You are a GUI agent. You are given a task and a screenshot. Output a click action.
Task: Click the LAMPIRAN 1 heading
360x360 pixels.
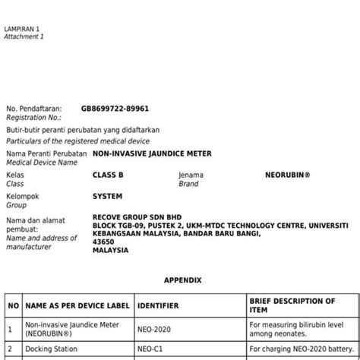(x=21, y=28)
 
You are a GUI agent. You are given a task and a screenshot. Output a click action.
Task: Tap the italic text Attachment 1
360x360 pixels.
(x=24, y=36)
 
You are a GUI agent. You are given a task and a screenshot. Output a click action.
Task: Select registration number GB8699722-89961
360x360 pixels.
(x=115, y=109)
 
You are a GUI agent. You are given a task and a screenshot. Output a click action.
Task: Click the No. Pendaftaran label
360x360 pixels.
(x=33, y=109)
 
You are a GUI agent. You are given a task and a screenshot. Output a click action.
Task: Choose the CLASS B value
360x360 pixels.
(x=108, y=175)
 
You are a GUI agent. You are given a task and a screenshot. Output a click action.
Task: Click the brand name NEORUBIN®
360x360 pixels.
(x=288, y=175)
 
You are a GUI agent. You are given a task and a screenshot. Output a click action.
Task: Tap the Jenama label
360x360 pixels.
(x=191, y=175)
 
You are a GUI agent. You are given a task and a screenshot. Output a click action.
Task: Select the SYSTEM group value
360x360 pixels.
(x=107, y=196)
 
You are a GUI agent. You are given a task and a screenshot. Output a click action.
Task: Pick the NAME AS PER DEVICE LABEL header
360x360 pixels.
(x=77, y=305)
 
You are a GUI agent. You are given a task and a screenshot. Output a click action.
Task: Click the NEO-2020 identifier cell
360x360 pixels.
(x=155, y=328)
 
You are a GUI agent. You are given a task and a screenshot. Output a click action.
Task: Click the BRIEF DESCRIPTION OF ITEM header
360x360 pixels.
(x=292, y=305)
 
